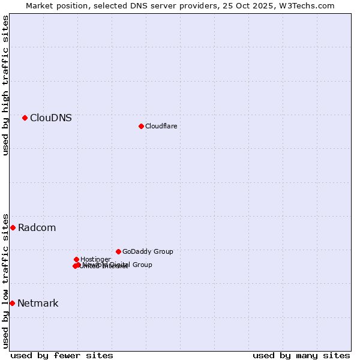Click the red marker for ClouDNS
25,118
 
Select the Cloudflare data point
141,126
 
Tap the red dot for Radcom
13,227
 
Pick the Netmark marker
12,303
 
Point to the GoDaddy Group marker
118,251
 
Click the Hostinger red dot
76,259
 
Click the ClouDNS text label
51,118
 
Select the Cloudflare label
161,126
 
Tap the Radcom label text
37,227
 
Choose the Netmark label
38,303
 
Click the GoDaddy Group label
148,251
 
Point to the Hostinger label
95,259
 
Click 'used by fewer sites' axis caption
62,355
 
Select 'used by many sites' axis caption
301,355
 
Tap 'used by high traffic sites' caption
5,85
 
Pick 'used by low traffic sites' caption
5,281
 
